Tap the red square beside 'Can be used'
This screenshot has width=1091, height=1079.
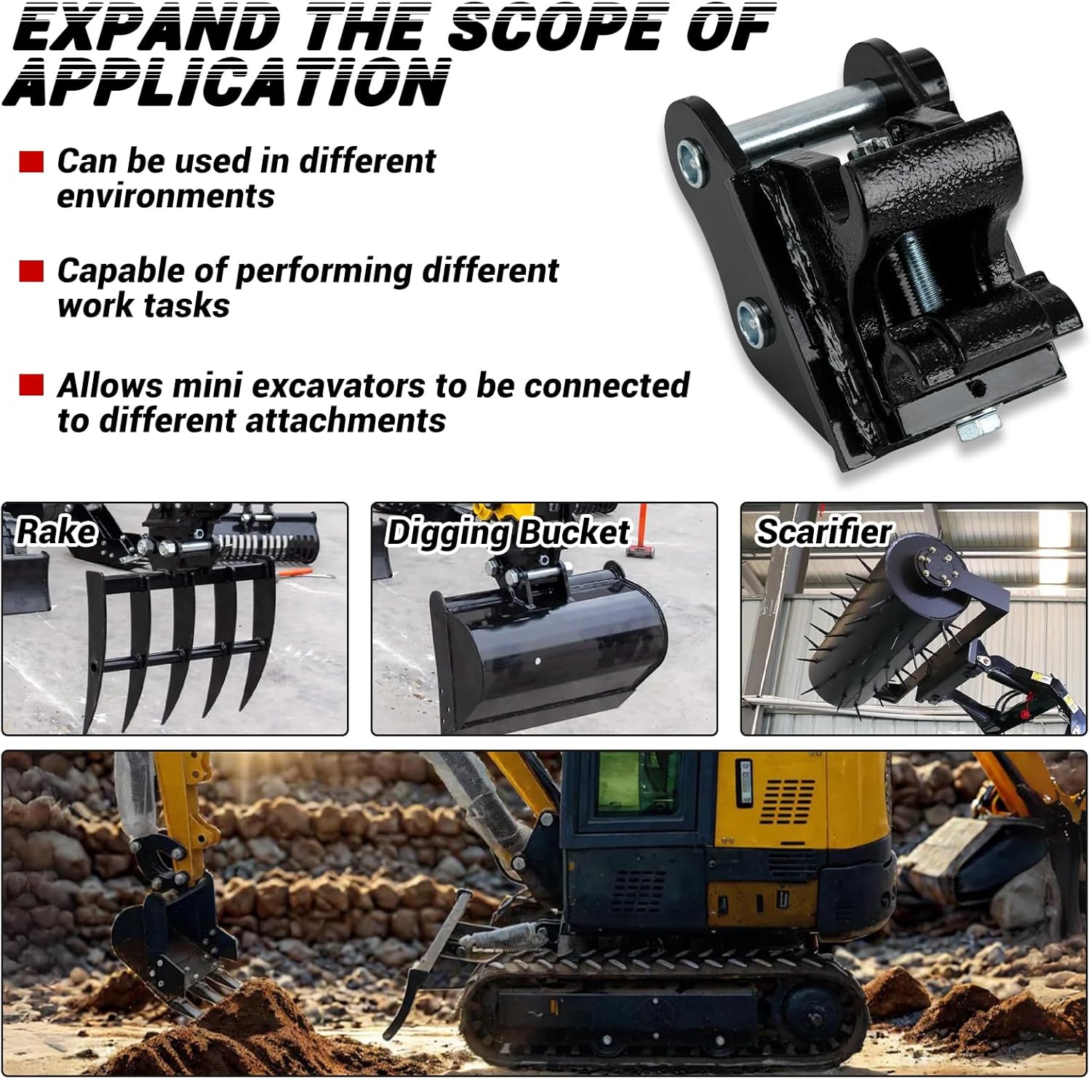(x=31, y=161)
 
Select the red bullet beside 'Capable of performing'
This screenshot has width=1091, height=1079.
(x=31, y=271)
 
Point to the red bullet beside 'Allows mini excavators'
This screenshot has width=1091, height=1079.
(x=31, y=385)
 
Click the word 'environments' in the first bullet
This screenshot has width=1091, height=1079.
(x=166, y=196)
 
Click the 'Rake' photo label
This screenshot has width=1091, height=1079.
(x=56, y=531)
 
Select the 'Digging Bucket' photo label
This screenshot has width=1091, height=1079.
(x=508, y=532)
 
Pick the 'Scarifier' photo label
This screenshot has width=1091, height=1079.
(x=823, y=532)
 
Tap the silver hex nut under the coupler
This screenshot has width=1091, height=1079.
(x=972, y=429)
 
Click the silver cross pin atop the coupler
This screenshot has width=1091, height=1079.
(x=800, y=120)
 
